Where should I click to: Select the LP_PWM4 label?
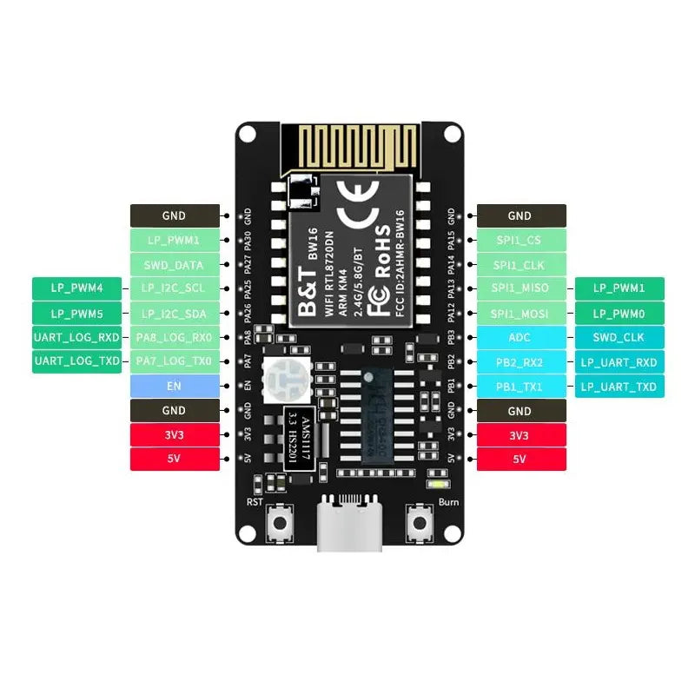tap(76, 288)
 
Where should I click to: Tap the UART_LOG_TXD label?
tap(76, 361)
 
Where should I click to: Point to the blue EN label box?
tap(174, 386)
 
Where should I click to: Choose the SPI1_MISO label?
tap(520, 288)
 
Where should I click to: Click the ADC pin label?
tap(520, 337)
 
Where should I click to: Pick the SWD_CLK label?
tap(619, 337)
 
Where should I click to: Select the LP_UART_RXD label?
tap(619, 362)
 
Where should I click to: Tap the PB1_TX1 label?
tap(520, 387)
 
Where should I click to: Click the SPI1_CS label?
tap(520, 240)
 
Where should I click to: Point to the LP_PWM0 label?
tap(619, 313)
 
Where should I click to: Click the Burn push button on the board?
tap(422, 524)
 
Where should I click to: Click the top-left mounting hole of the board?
tap(248, 134)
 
